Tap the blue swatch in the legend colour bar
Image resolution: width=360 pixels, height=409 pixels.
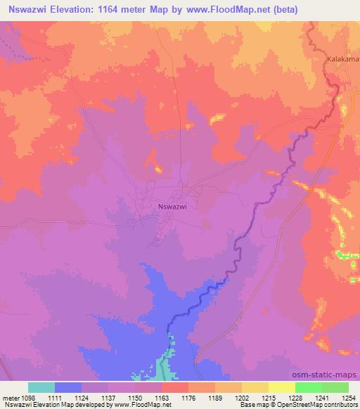click(x=68, y=387)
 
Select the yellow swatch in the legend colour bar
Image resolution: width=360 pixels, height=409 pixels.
click(x=281, y=387)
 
